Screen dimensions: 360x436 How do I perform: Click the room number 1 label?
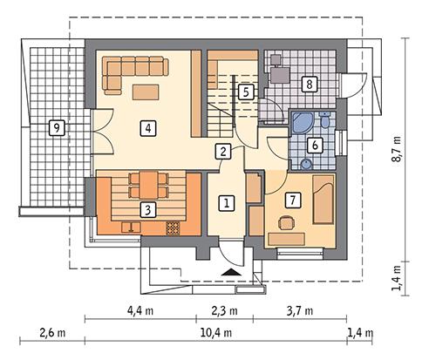coord(227,203)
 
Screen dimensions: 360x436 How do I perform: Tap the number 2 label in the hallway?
coord(224,151)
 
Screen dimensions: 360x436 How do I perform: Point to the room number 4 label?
coord(150,128)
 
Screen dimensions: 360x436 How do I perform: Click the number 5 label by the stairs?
coord(246,91)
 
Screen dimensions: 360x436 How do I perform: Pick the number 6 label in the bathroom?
coord(316,145)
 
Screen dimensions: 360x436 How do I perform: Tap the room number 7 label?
coord(293,200)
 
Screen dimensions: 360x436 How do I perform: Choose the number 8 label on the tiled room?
coord(307,85)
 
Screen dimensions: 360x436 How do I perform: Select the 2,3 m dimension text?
coord(230,310)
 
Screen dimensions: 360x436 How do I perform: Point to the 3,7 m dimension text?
coord(298,310)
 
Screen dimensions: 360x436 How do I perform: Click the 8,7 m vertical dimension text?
coord(398,148)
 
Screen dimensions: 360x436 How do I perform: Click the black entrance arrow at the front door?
coord(230,273)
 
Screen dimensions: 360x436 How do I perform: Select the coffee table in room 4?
coord(146,92)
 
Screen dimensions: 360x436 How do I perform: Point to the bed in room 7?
coord(322,196)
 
